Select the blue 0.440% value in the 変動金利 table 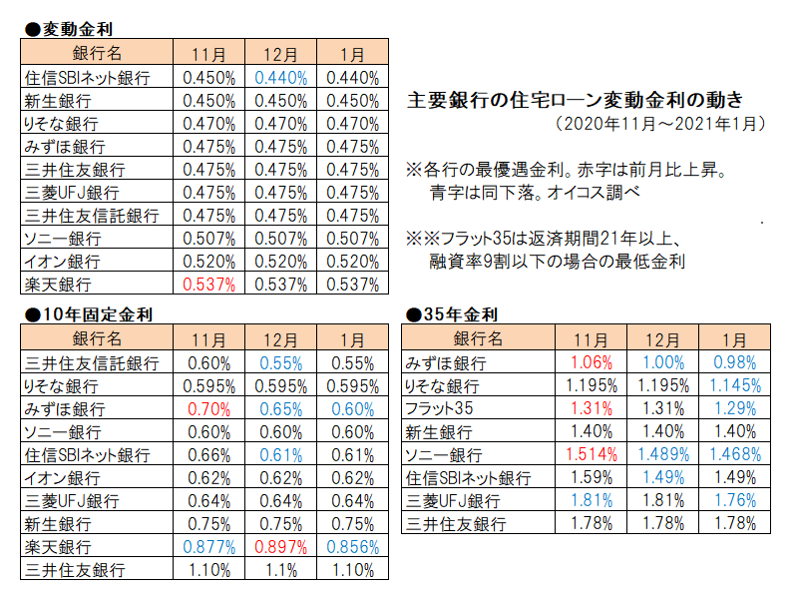coord(281,77)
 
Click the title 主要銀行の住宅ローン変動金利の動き coord(576,100)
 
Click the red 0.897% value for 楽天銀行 coord(281,547)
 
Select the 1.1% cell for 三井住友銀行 coord(281,570)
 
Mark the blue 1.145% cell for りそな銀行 coord(732,386)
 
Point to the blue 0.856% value coord(352,547)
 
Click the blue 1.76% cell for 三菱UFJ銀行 coord(732,501)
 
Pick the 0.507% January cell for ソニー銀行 coord(352,239)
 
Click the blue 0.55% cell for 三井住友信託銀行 coord(281,363)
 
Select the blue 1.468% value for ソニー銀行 coord(732,455)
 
